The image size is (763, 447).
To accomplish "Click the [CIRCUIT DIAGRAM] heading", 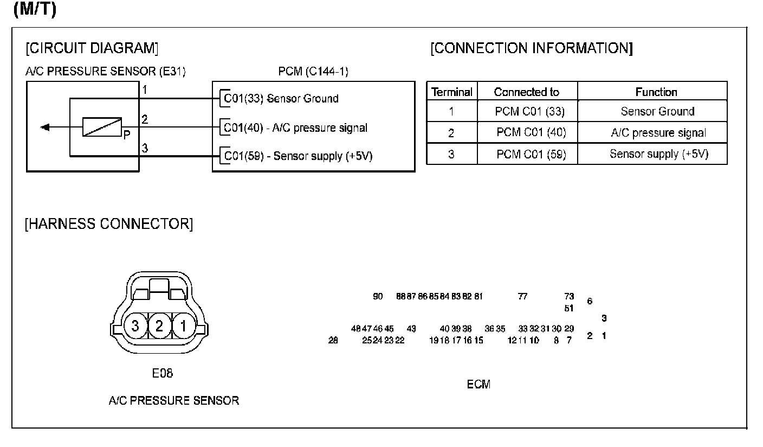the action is click(92, 48).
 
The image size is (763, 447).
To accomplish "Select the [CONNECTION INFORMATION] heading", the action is click(532, 48).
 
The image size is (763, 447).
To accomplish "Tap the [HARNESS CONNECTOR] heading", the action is click(108, 224).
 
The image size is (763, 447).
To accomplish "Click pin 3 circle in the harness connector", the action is click(135, 326).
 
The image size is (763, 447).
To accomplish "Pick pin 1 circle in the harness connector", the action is click(184, 326).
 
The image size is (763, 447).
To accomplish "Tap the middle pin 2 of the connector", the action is click(159, 326).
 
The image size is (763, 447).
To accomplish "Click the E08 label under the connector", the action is click(163, 373).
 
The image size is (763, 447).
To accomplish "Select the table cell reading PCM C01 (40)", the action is click(531, 133).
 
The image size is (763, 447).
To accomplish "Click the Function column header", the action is click(656, 92).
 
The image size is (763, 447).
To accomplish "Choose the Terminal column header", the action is click(451, 92).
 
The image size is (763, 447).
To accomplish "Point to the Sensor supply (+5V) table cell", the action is click(658, 154).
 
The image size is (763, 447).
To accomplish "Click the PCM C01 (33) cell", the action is click(529, 112).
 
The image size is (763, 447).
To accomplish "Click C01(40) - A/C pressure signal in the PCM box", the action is click(296, 129).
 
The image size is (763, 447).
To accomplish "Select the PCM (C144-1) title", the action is click(309, 72).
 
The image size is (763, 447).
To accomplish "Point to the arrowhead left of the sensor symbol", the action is click(46, 127).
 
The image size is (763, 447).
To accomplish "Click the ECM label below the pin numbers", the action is click(479, 385).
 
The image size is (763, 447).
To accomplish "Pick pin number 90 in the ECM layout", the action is click(378, 297).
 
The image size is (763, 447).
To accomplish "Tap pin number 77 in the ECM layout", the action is click(522, 297).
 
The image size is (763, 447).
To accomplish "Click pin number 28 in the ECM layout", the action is click(333, 341).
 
